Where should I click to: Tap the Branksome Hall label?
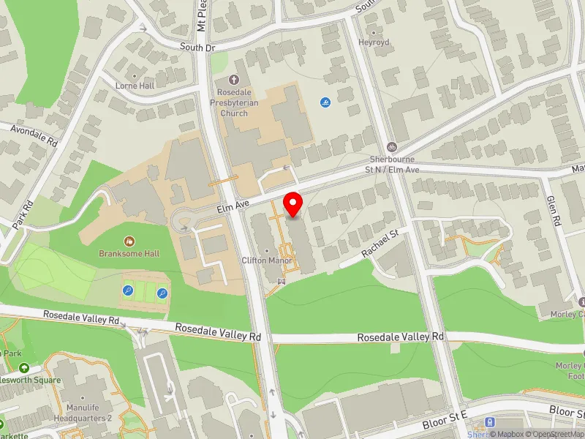tap(129, 253)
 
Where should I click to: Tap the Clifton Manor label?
tap(267, 260)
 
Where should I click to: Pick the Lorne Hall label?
tap(135, 86)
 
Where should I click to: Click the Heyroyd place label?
tap(374, 43)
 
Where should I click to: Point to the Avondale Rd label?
tap(33, 134)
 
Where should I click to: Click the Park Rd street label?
tap(18, 214)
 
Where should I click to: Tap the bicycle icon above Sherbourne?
tap(392, 146)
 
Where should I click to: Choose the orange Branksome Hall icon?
tap(129, 241)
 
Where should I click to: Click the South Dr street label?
tap(198, 47)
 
